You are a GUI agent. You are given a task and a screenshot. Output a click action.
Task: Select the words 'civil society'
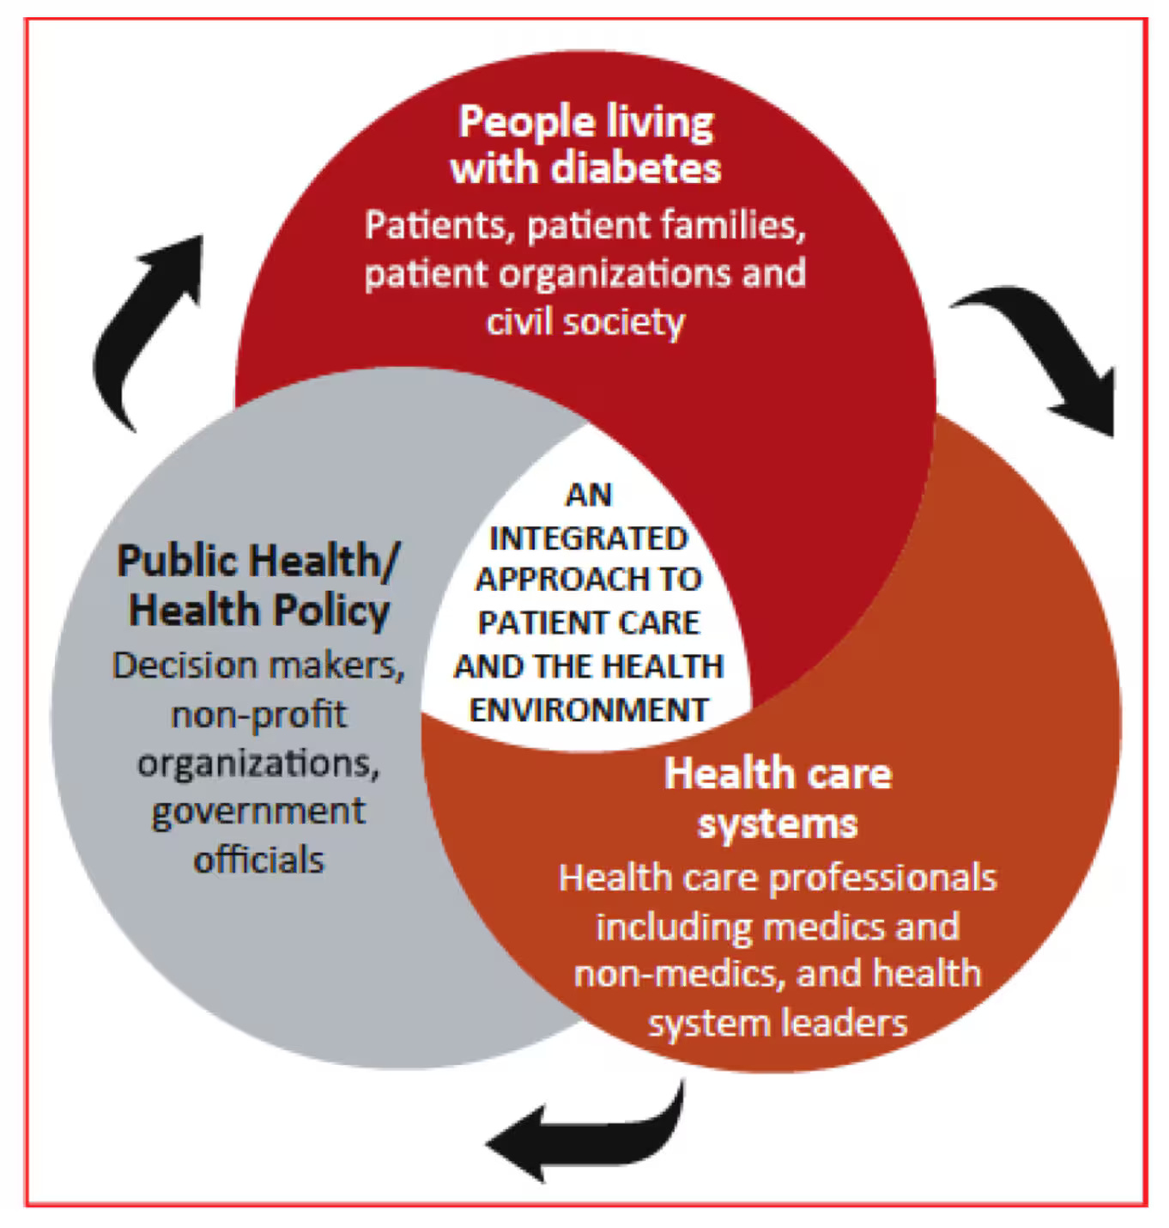click(x=585, y=322)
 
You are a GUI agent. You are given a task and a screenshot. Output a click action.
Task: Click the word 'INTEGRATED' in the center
click(x=588, y=538)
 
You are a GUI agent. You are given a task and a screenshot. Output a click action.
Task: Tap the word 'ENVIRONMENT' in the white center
click(x=589, y=710)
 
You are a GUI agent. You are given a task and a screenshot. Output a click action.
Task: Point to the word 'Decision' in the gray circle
click(x=185, y=666)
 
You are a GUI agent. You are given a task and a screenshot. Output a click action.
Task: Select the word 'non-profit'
click(x=258, y=714)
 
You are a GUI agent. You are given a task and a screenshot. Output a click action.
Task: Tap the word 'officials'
click(x=258, y=860)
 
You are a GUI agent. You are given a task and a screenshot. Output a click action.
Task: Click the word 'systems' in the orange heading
click(x=777, y=824)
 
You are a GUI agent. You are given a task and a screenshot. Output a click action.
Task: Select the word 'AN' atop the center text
click(x=589, y=495)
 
